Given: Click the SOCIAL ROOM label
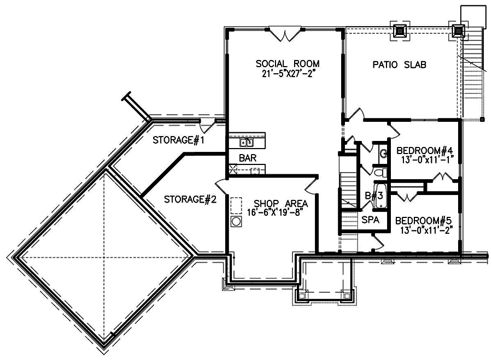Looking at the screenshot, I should point(288,63).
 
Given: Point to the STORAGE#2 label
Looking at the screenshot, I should point(190,199).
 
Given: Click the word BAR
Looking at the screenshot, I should point(245,158).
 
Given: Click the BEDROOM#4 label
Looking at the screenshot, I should point(425,151).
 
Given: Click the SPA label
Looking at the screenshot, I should point(368,220).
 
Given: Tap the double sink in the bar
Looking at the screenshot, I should point(247,143).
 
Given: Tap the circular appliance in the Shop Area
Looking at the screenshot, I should point(237,221).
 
